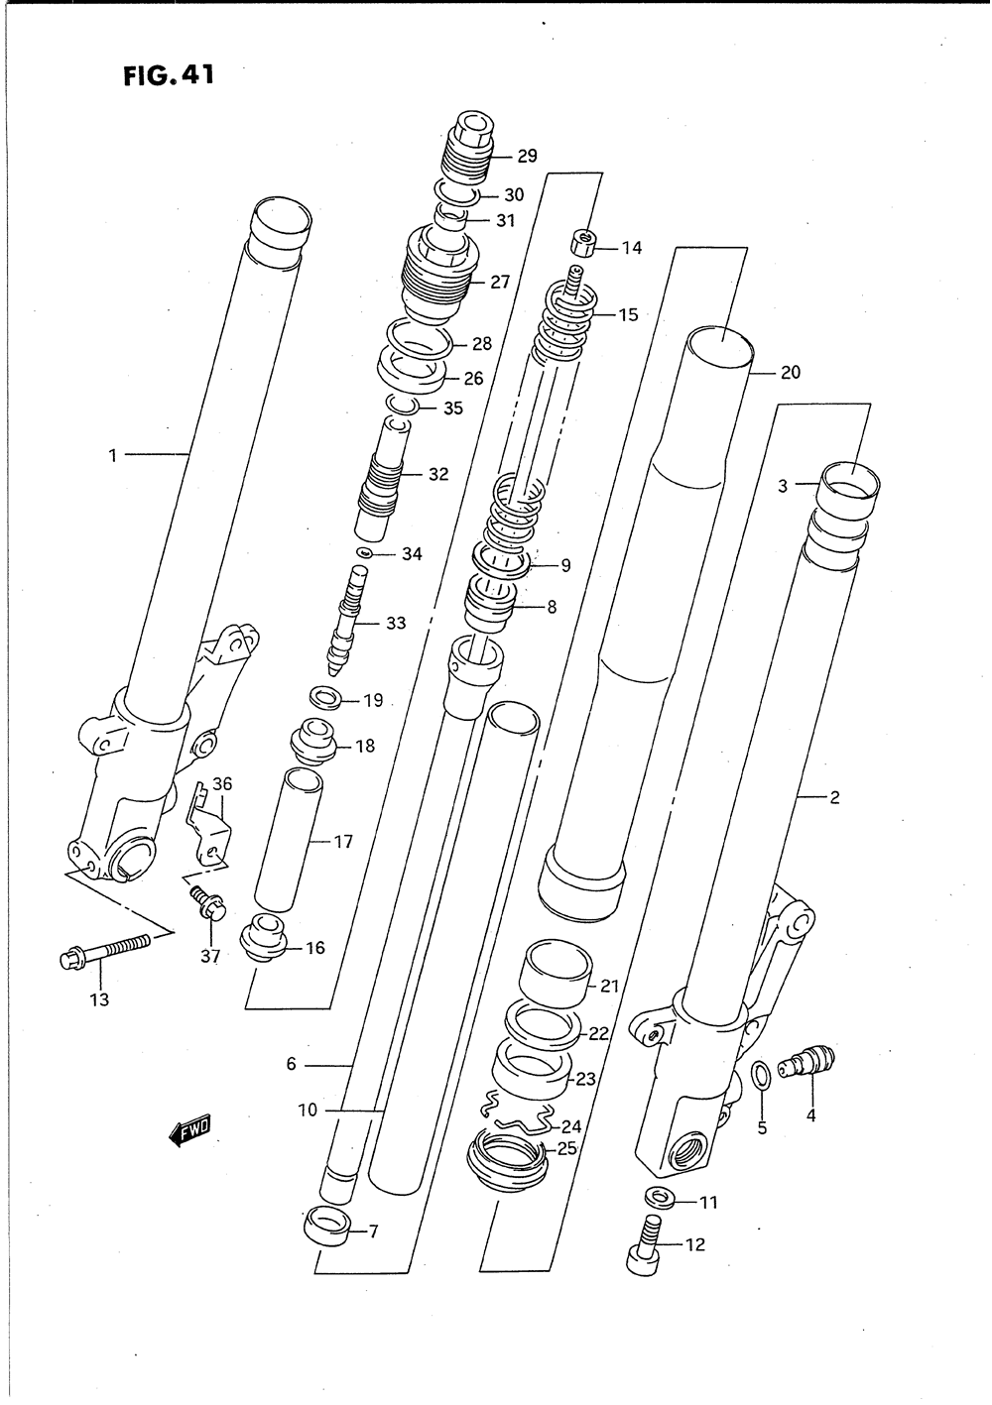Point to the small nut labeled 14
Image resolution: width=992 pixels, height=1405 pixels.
coord(582,242)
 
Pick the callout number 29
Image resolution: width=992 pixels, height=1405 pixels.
coord(527,156)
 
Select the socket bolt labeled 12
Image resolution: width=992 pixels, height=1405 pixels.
coord(644,1244)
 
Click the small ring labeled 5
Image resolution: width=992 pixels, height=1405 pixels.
coord(759,1074)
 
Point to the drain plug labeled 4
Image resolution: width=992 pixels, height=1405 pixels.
coord(806,1064)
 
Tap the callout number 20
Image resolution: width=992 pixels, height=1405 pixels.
coord(790,373)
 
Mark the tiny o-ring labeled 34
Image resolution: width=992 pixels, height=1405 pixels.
coord(365,552)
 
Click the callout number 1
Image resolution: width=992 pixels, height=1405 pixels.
coord(113,455)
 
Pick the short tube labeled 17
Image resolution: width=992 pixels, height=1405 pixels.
coord(289,838)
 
